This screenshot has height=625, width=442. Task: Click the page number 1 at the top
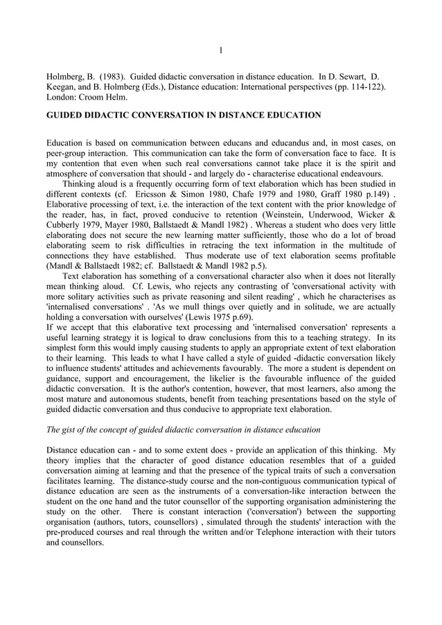220,49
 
